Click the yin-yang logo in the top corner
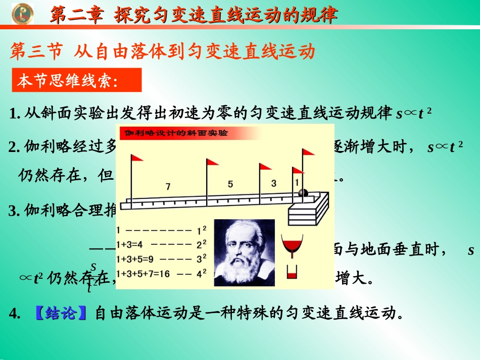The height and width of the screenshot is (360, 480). tap(22, 13)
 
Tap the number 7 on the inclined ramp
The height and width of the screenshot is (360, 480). tap(168, 187)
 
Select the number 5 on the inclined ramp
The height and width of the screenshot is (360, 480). tap(230, 184)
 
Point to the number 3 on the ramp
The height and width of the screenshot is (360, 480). tap(273, 183)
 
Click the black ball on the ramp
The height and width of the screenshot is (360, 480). tap(303, 193)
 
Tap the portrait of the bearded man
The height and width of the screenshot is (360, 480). tap(245, 252)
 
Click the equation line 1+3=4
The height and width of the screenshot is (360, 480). tap(131, 245)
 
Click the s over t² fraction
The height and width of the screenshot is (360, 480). tap(92, 277)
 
